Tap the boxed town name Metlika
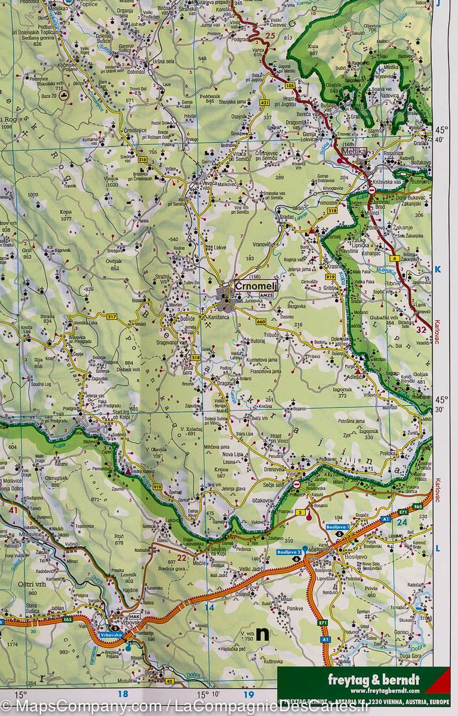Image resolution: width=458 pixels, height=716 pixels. click(x=358, y=152)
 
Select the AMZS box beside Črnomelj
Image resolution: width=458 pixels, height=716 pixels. click(x=266, y=295)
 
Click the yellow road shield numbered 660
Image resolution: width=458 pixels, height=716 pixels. click(x=260, y=322)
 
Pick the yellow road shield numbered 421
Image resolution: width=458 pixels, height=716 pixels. click(x=265, y=103)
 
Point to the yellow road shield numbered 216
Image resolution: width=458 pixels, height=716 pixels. click(x=142, y=160)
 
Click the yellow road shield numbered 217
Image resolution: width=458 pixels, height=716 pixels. click(x=112, y=316)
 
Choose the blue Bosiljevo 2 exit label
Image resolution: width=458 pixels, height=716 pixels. click(x=290, y=554)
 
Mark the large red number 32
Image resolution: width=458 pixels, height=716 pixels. click(x=422, y=329)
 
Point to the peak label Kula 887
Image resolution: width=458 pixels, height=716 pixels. click(x=313, y=49)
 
